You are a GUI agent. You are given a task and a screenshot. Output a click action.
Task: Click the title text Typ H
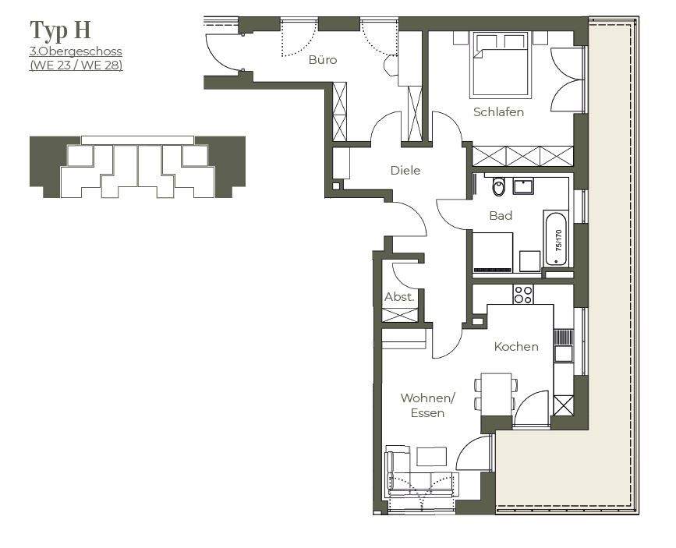(60, 30)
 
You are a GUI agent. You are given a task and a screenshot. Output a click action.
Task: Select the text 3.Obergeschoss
(76, 51)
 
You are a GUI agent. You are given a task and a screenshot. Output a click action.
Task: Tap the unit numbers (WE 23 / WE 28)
(76, 65)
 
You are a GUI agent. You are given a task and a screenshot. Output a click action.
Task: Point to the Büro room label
(323, 59)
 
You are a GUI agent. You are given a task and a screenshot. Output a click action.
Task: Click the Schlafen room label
(498, 112)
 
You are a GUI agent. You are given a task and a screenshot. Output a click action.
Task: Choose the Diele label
(405, 170)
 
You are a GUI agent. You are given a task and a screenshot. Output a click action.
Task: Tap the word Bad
(501, 215)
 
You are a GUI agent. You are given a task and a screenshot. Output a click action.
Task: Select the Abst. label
(399, 297)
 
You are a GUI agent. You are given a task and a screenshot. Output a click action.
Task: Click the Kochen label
(516, 346)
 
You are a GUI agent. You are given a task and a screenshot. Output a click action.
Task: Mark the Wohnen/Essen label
(427, 405)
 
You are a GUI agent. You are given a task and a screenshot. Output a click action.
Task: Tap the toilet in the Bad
(500, 187)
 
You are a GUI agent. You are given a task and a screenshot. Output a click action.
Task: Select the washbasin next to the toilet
(523, 186)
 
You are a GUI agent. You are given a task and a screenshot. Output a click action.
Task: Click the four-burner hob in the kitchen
(523, 294)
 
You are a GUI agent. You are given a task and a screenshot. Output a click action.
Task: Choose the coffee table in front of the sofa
(430, 457)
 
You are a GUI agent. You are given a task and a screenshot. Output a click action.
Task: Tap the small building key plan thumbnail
(137, 167)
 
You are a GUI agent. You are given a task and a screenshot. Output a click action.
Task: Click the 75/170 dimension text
(557, 237)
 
